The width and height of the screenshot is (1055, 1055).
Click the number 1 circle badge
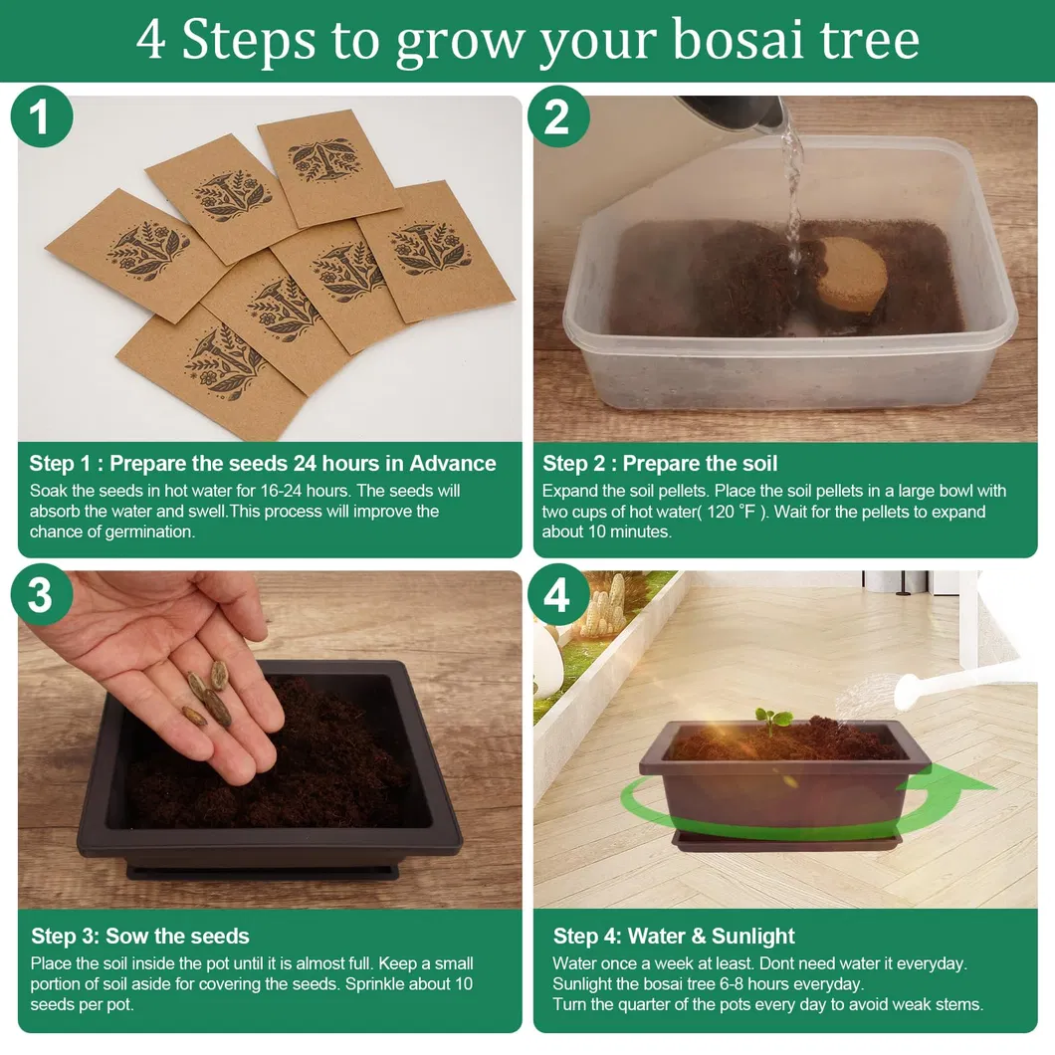click(x=42, y=116)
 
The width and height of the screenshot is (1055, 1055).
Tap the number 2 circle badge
click(x=558, y=116)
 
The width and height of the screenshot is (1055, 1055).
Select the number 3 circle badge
click(x=42, y=595)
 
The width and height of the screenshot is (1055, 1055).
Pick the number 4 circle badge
click(x=558, y=595)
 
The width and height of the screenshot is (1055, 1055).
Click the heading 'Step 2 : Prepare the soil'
click(x=659, y=464)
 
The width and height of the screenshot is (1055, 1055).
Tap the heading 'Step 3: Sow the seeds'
click(x=140, y=936)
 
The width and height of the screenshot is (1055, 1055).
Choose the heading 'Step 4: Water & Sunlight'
click(x=674, y=936)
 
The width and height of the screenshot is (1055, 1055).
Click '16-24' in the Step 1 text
click(x=275, y=491)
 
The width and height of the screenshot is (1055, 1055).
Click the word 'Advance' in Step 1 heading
click(x=452, y=464)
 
